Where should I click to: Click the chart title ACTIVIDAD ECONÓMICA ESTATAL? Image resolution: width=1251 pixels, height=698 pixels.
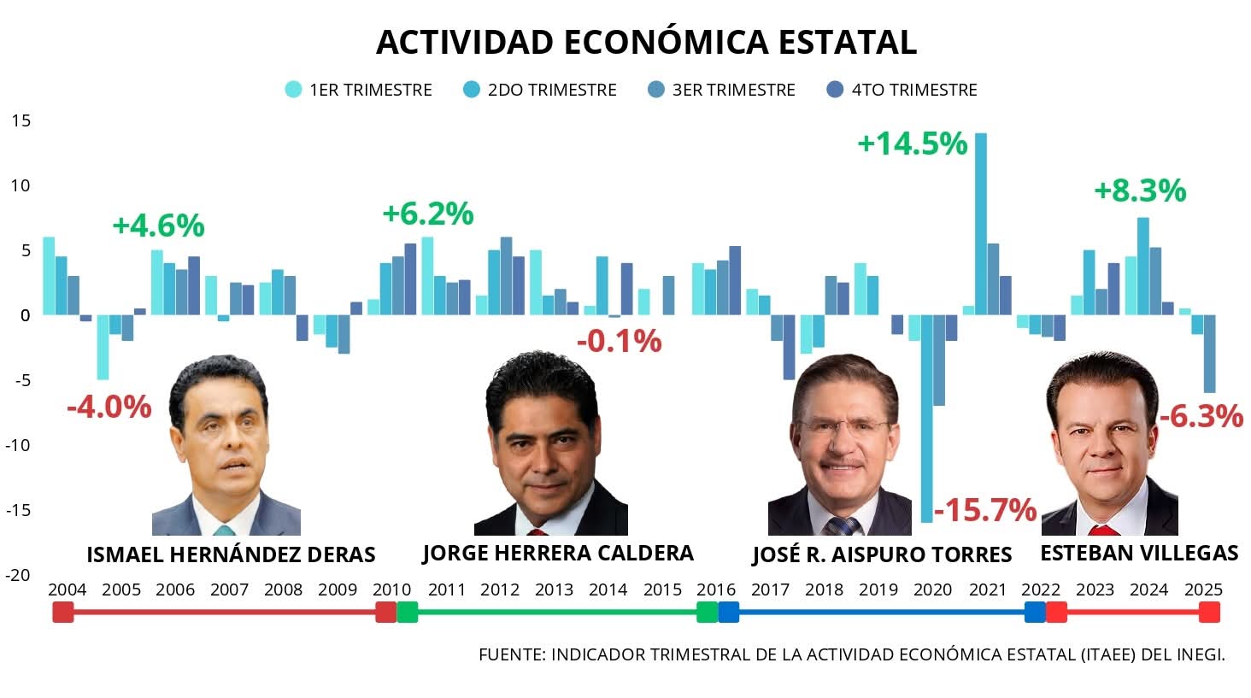(x=646, y=42)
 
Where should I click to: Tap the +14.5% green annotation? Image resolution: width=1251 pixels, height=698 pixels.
(x=912, y=144)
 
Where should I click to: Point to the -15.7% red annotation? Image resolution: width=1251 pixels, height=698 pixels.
(x=984, y=510)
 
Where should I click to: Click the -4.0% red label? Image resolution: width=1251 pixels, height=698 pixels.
(x=109, y=407)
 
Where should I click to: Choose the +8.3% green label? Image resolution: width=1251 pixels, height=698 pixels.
(x=1140, y=190)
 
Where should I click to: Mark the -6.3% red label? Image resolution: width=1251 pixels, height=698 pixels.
(x=1201, y=416)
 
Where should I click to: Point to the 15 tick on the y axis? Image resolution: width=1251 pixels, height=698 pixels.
(x=21, y=120)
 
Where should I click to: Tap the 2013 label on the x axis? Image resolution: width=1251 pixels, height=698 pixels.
(x=554, y=589)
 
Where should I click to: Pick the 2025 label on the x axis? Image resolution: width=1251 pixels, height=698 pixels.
(x=1203, y=589)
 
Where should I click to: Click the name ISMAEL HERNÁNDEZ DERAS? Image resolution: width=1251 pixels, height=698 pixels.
(x=231, y=554)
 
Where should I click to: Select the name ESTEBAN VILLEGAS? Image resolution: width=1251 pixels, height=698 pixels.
(x=1138, y=553)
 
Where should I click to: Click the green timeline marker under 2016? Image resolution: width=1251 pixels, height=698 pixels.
(x=707, y=612)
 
